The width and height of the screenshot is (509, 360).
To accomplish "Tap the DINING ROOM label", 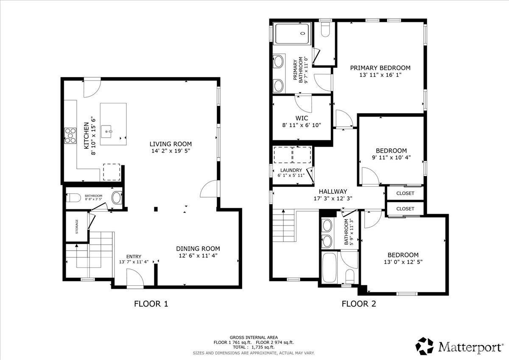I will coord(198,248).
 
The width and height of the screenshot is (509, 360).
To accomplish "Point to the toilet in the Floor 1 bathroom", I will coord(75,198).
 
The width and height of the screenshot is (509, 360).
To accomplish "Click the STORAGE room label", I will coord(77,226).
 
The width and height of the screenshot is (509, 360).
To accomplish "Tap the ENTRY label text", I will coord(134,257).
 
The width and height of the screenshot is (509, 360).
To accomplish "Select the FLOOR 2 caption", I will coord(359,304).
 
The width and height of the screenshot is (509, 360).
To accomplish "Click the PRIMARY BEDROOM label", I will coord(380,68).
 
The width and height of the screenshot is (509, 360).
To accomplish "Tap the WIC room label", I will coord(302,118).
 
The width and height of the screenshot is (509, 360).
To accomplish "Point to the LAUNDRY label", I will coord(291,170).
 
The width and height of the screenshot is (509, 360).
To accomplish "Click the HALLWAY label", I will coord(333,191).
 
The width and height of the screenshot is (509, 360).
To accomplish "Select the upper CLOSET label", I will coord(405,193).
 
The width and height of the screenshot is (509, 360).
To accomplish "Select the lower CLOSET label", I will coord(405,209).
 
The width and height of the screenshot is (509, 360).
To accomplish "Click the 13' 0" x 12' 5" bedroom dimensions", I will coord(403,262).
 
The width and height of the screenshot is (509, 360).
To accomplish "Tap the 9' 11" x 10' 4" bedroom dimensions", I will coord(391,158).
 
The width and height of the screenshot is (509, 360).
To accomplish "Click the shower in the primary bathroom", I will coord(291,34).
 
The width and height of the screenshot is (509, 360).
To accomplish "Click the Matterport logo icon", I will coord(425,346).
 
